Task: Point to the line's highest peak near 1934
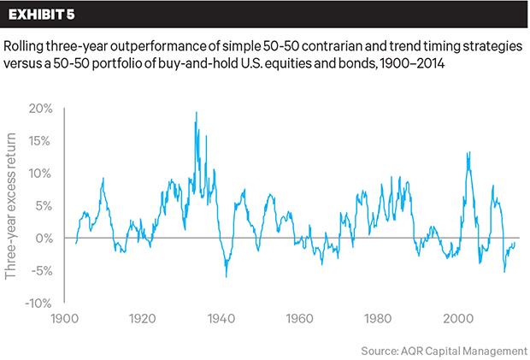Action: point(197,113)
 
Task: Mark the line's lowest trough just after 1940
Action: point(227,276)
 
